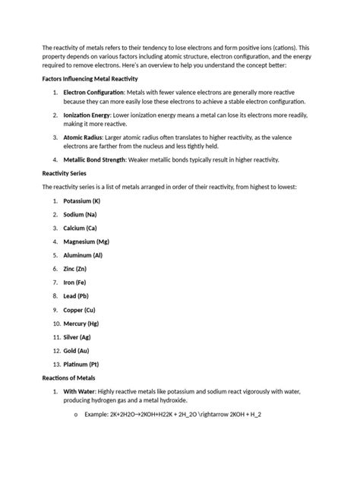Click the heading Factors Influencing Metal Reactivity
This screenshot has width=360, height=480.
coord(89,78)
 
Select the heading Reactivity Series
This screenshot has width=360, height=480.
coord(65,173)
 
